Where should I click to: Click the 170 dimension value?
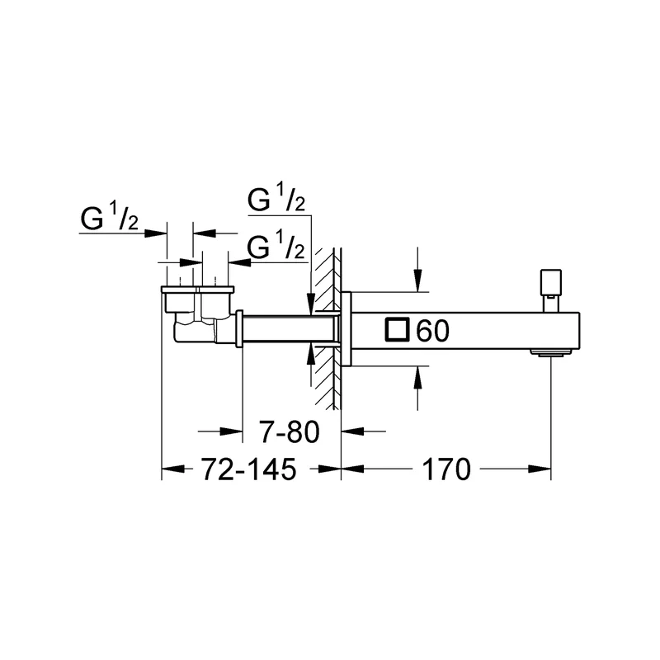pyautogui.click(x=446, y=469)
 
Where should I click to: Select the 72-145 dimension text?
pyautogui.click(x=249, y=469)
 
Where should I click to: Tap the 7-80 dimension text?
pyautogui.click(x=290, y=431)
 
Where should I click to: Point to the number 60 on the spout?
pyautogui.click(x=432, y=331)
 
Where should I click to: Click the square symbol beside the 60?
pyautogui.click(x=397, y=329)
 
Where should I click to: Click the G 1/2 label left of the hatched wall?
pyautogui.click(x=276, y=247)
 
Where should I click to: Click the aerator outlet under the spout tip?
pyautogui.click(x=551, y=352)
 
